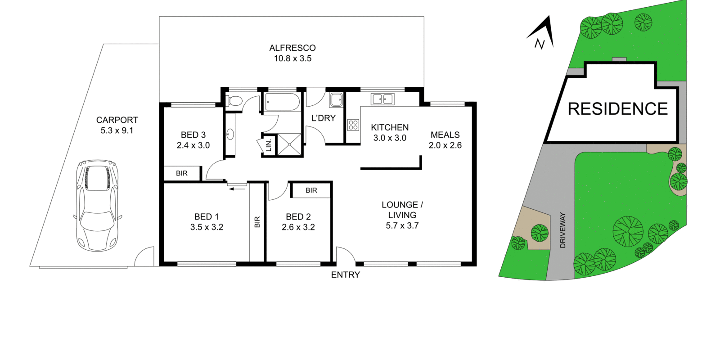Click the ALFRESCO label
click(x=292, y=48)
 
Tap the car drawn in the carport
click(x=97, y=205)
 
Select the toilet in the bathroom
click(x=234, y=101)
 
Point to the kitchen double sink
click(x=382, y=99)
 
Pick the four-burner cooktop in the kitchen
click(x=353, y=125)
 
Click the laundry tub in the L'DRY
click(x=336, y=99)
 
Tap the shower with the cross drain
click(x=290, y=144)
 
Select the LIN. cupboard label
click(x=269, y=145)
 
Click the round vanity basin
click(x=230, y=135)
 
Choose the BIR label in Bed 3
click(x=182, y=174)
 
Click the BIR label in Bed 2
click(x=311, y=190)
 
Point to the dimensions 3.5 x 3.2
click(x=207, y=227)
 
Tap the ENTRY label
click(x=346, y=275)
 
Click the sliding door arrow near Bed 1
click(x=237, y=189)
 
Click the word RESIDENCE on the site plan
click(x=618, y=109)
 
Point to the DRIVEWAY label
click(x=562, y=230)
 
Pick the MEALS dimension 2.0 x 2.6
click(x=445, y=145)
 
